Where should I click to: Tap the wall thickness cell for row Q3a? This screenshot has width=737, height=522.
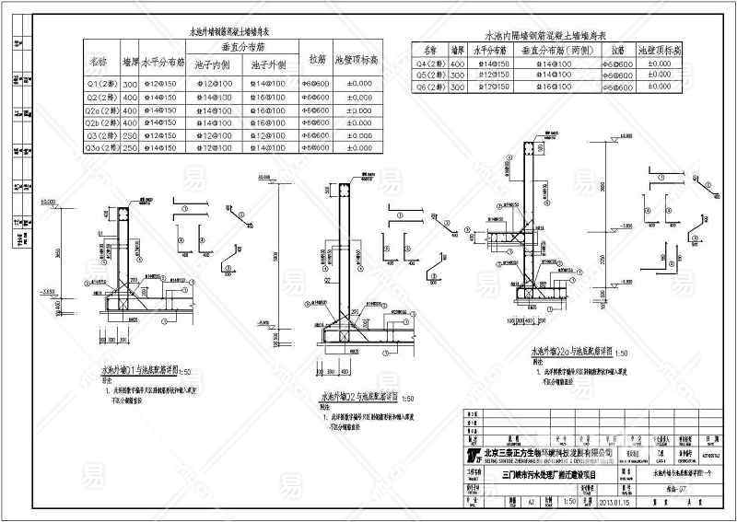[130, 147]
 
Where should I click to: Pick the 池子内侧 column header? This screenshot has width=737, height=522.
[212, 65]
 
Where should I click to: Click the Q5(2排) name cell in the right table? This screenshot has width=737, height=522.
[431, 75]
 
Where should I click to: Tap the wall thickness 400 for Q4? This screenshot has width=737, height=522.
[458, 64]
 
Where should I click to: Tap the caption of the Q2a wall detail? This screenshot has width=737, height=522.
[565, 352]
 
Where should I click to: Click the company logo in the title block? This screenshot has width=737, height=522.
[474, 456]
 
